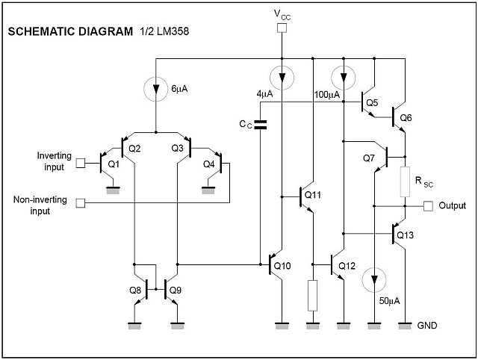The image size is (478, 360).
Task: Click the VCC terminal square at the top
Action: [x=281, y=29]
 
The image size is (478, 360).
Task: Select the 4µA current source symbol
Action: [x=281, y=76]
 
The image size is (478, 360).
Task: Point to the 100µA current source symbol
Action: [x=343, y=76]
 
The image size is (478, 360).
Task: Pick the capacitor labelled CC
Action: [x=261, y=124]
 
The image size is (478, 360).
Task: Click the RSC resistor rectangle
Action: [x=404, y=182]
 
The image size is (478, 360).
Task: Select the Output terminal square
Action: [x=428, y=205]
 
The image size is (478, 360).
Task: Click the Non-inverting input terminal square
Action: [x=82, y=202]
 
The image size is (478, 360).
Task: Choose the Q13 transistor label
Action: [x=404, y=235]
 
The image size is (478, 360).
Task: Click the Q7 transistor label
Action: [x=369, y=158]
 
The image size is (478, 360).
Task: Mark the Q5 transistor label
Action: [x=372, y=102]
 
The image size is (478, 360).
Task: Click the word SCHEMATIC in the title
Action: [x=38, y=33]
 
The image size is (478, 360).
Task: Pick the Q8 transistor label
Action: [x=134, y=290]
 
